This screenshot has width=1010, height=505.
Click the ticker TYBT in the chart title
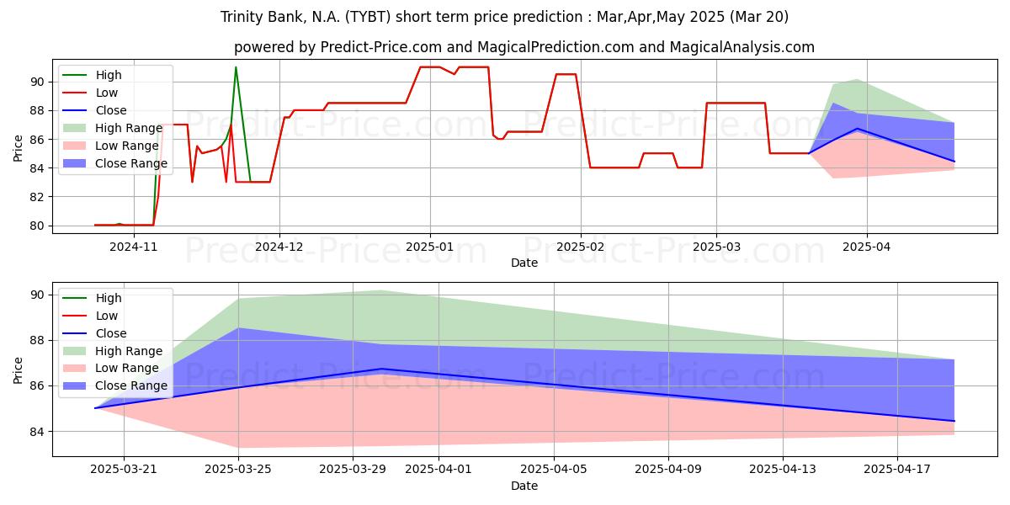point(368,17)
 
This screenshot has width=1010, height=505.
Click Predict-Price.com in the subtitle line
point(381,47)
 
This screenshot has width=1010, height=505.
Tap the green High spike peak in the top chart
point(236,67)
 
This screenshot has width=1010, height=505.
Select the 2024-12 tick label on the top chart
point(279,247)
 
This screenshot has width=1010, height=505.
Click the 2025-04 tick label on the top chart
point(867,247)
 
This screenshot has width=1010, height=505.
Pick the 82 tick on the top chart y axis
point(36,197)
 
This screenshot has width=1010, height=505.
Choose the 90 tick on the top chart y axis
point(36,82)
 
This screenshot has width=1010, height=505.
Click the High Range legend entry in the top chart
point(113,128)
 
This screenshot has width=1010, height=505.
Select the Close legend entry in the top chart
point(94,110)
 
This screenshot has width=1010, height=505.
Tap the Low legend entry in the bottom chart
point(90,316)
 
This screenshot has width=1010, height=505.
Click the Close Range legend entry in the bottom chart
point(115,385)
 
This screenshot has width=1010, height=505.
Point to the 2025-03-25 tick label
point(238,470)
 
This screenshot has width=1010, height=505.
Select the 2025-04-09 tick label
point(668,470)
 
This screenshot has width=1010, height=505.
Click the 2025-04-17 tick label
point(897,470)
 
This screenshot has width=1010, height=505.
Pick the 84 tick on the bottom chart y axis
point(36,432)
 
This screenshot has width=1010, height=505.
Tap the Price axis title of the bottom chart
point(18,370)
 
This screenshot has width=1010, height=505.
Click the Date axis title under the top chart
point(524,263)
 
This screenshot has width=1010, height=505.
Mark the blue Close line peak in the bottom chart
point(381,369)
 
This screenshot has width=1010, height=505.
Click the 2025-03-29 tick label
point(353,470)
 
